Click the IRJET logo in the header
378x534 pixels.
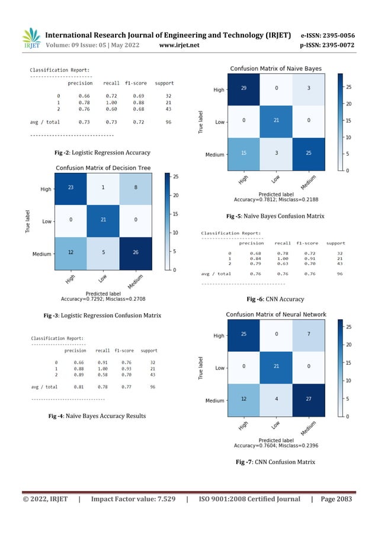click(31, 39)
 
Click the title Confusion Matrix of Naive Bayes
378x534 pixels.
click(276, 69)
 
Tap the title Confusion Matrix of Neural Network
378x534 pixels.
click(276, 314)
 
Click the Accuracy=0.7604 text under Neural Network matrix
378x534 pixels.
click(277, 445)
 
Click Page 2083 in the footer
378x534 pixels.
click(335, 499)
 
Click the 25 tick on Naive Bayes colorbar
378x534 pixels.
click(349, 87)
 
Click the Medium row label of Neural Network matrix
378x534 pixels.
click(214, 400)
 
